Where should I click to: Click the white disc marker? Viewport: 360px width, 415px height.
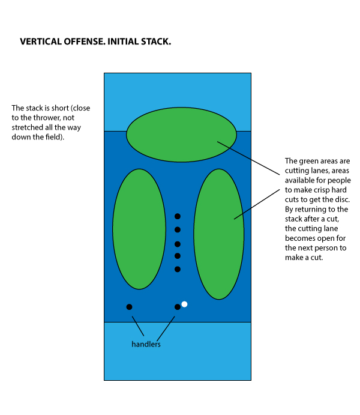tap(184, 304)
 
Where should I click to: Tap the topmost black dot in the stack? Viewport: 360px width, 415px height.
tap(177, 216)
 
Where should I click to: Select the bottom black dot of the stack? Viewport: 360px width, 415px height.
tap(177, 269)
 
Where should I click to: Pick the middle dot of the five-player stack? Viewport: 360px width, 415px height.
tap(177, 244)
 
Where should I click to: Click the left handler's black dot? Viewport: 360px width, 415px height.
tap(129, 307)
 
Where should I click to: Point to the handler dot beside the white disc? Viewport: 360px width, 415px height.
tap(177, 307)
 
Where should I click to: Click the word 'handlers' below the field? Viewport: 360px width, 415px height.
tap(146, 345)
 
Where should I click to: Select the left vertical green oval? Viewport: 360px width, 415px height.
tap(139, 229)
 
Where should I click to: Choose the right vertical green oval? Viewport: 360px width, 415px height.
tap(219, 234)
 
